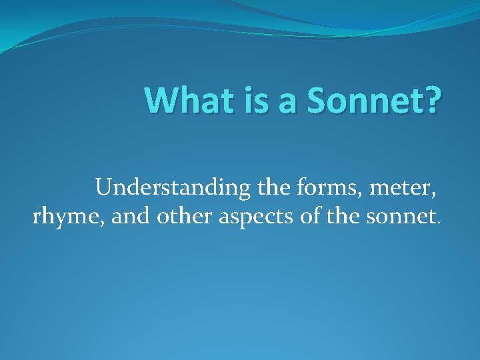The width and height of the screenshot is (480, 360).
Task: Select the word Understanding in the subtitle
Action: click(172, 189)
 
